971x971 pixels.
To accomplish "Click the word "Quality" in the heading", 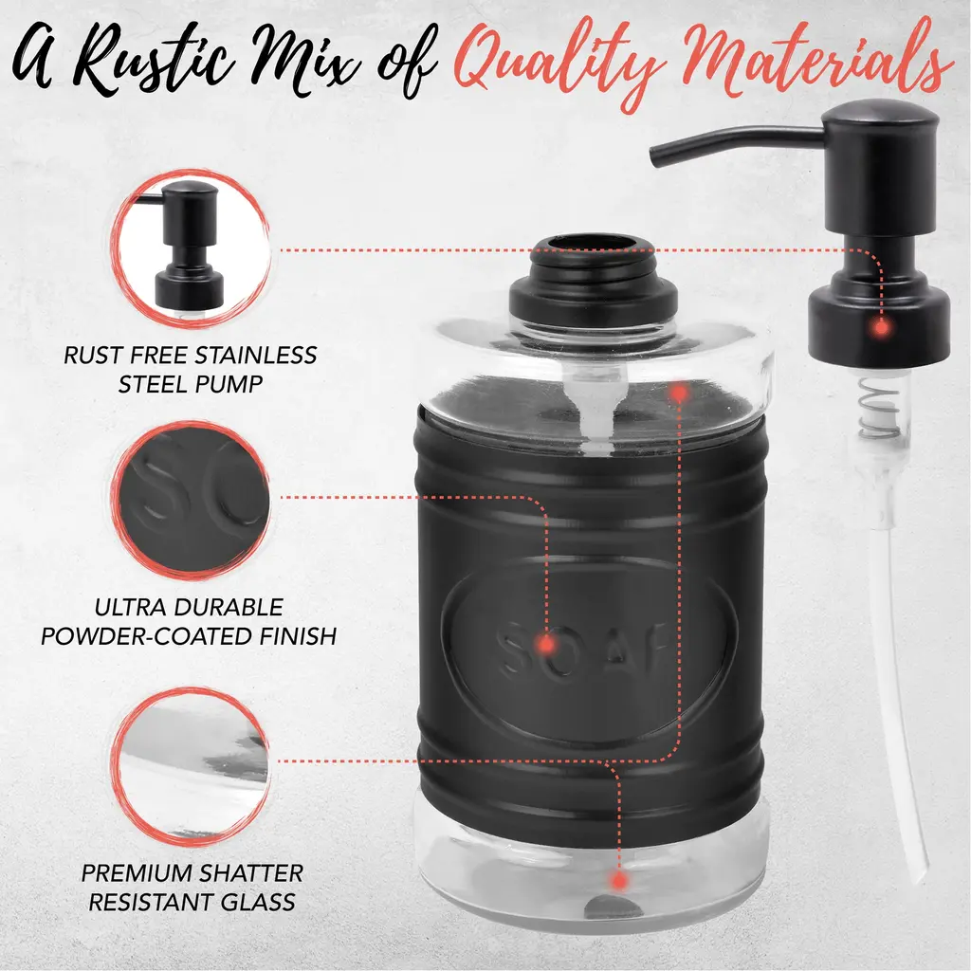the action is click(560, 65).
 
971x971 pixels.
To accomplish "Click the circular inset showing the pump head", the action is click(191, 248).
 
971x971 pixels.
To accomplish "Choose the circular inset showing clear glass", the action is click(191, 765).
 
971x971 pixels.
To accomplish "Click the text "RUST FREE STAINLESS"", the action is click(190, 356).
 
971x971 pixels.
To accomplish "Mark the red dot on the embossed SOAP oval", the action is click(545, 645).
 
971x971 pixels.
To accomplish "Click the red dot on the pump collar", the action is click(880, 326).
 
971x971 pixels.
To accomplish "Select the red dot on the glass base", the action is click(617, 880).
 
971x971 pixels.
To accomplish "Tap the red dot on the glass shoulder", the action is click(679, 393).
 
